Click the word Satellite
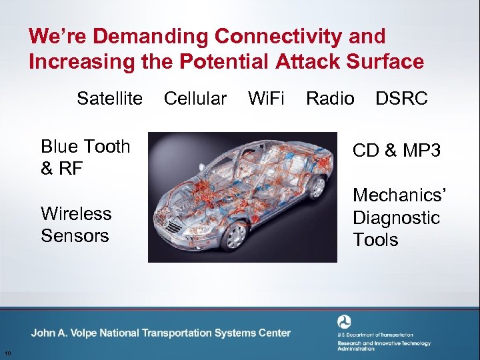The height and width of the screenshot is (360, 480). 109,99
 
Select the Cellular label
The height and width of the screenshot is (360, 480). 195,99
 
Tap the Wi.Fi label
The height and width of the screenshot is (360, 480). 266,99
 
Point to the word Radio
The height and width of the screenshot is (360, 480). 330,99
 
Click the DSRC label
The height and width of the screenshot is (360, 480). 401,99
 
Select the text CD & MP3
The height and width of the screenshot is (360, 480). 396,151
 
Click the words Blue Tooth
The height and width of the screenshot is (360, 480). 85,147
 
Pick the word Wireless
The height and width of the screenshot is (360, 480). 76,213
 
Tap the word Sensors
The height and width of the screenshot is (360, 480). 75,235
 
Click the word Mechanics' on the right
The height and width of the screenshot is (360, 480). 399,195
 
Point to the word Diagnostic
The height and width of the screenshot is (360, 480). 396,217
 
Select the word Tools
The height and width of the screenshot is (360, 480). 375,239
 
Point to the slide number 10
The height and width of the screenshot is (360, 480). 7,353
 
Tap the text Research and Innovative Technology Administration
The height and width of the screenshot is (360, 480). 383,345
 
